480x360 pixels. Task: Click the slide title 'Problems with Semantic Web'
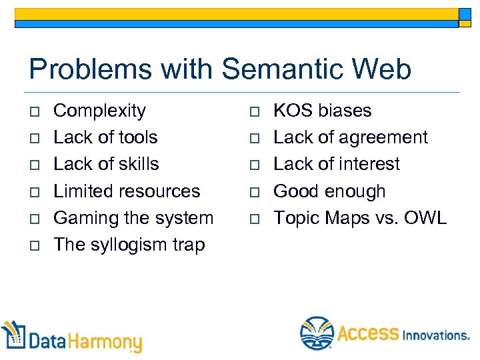pyautogui.click(x=220, y=69)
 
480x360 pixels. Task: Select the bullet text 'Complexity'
pyautogui.click(x=99, y=111)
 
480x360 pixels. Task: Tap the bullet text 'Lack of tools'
pyautogui.click(x=105, y=137)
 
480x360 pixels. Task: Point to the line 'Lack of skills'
pyautogui.click(x=106, y=164)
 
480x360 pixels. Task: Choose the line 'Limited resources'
pyautogui.click(x=127, y=191)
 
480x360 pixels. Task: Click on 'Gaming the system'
pyautogui.click(x=133, y=218)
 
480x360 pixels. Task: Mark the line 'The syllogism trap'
pyautogui.click(x=129, y=245)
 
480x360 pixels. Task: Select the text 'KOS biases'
pyautogui.click(x=323, y=111)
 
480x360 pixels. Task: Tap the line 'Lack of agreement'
pyautogui.click(x=351, y=137)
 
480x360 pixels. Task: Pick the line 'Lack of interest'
pyautogui.click(x=337, y=164)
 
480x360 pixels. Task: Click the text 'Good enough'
pyautogui.click(x=329, y=191)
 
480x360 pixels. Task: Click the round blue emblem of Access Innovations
pyautogui.click(x=317, y=333)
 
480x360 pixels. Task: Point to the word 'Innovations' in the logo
pyautogui.click(x=435, y=335)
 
